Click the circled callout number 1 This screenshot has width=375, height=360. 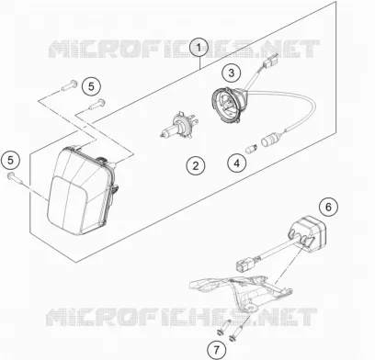click(x=199, y=48)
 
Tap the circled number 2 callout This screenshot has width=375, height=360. click(x=196, y=165)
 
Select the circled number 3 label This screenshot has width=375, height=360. click(x=231, y=73)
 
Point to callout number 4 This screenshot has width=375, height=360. click(x=237, y=163)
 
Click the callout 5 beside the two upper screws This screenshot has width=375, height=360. click(x=91, y=86)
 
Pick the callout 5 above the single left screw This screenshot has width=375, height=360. click(x=10, y=160)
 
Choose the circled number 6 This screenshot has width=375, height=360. click(x=328, y=207)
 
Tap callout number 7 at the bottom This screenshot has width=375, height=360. click(x=216, y=349)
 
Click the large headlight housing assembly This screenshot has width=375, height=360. click(x=83, y=190)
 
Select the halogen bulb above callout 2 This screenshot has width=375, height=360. click(x=177, y=125)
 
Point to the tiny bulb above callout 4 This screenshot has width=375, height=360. click(x=252, y=150)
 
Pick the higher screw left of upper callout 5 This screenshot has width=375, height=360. click(x=69, y=84)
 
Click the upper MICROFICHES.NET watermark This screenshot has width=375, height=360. click(x=184, y=49)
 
